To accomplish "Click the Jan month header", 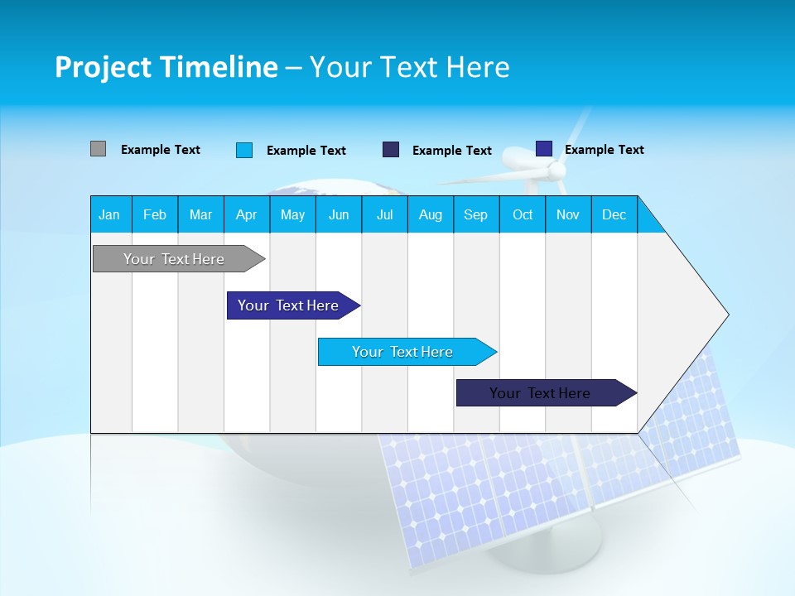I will [x=109, y=214].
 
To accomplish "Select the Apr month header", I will [x=246, y=214].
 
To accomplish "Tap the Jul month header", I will [x=384, y=214].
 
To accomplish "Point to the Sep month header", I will [x=475, y=214].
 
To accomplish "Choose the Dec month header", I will [x=614, y=214].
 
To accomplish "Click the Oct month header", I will [x=523, y=214].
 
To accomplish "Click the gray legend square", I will [x=98, y=149].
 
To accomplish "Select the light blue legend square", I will [x=243, y=150].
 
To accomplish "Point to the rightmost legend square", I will [x=543, y=148].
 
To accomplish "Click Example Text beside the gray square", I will [x=160, y=150].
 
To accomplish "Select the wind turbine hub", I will [x=557, y=171].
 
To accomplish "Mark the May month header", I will [x=292, y=214].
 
